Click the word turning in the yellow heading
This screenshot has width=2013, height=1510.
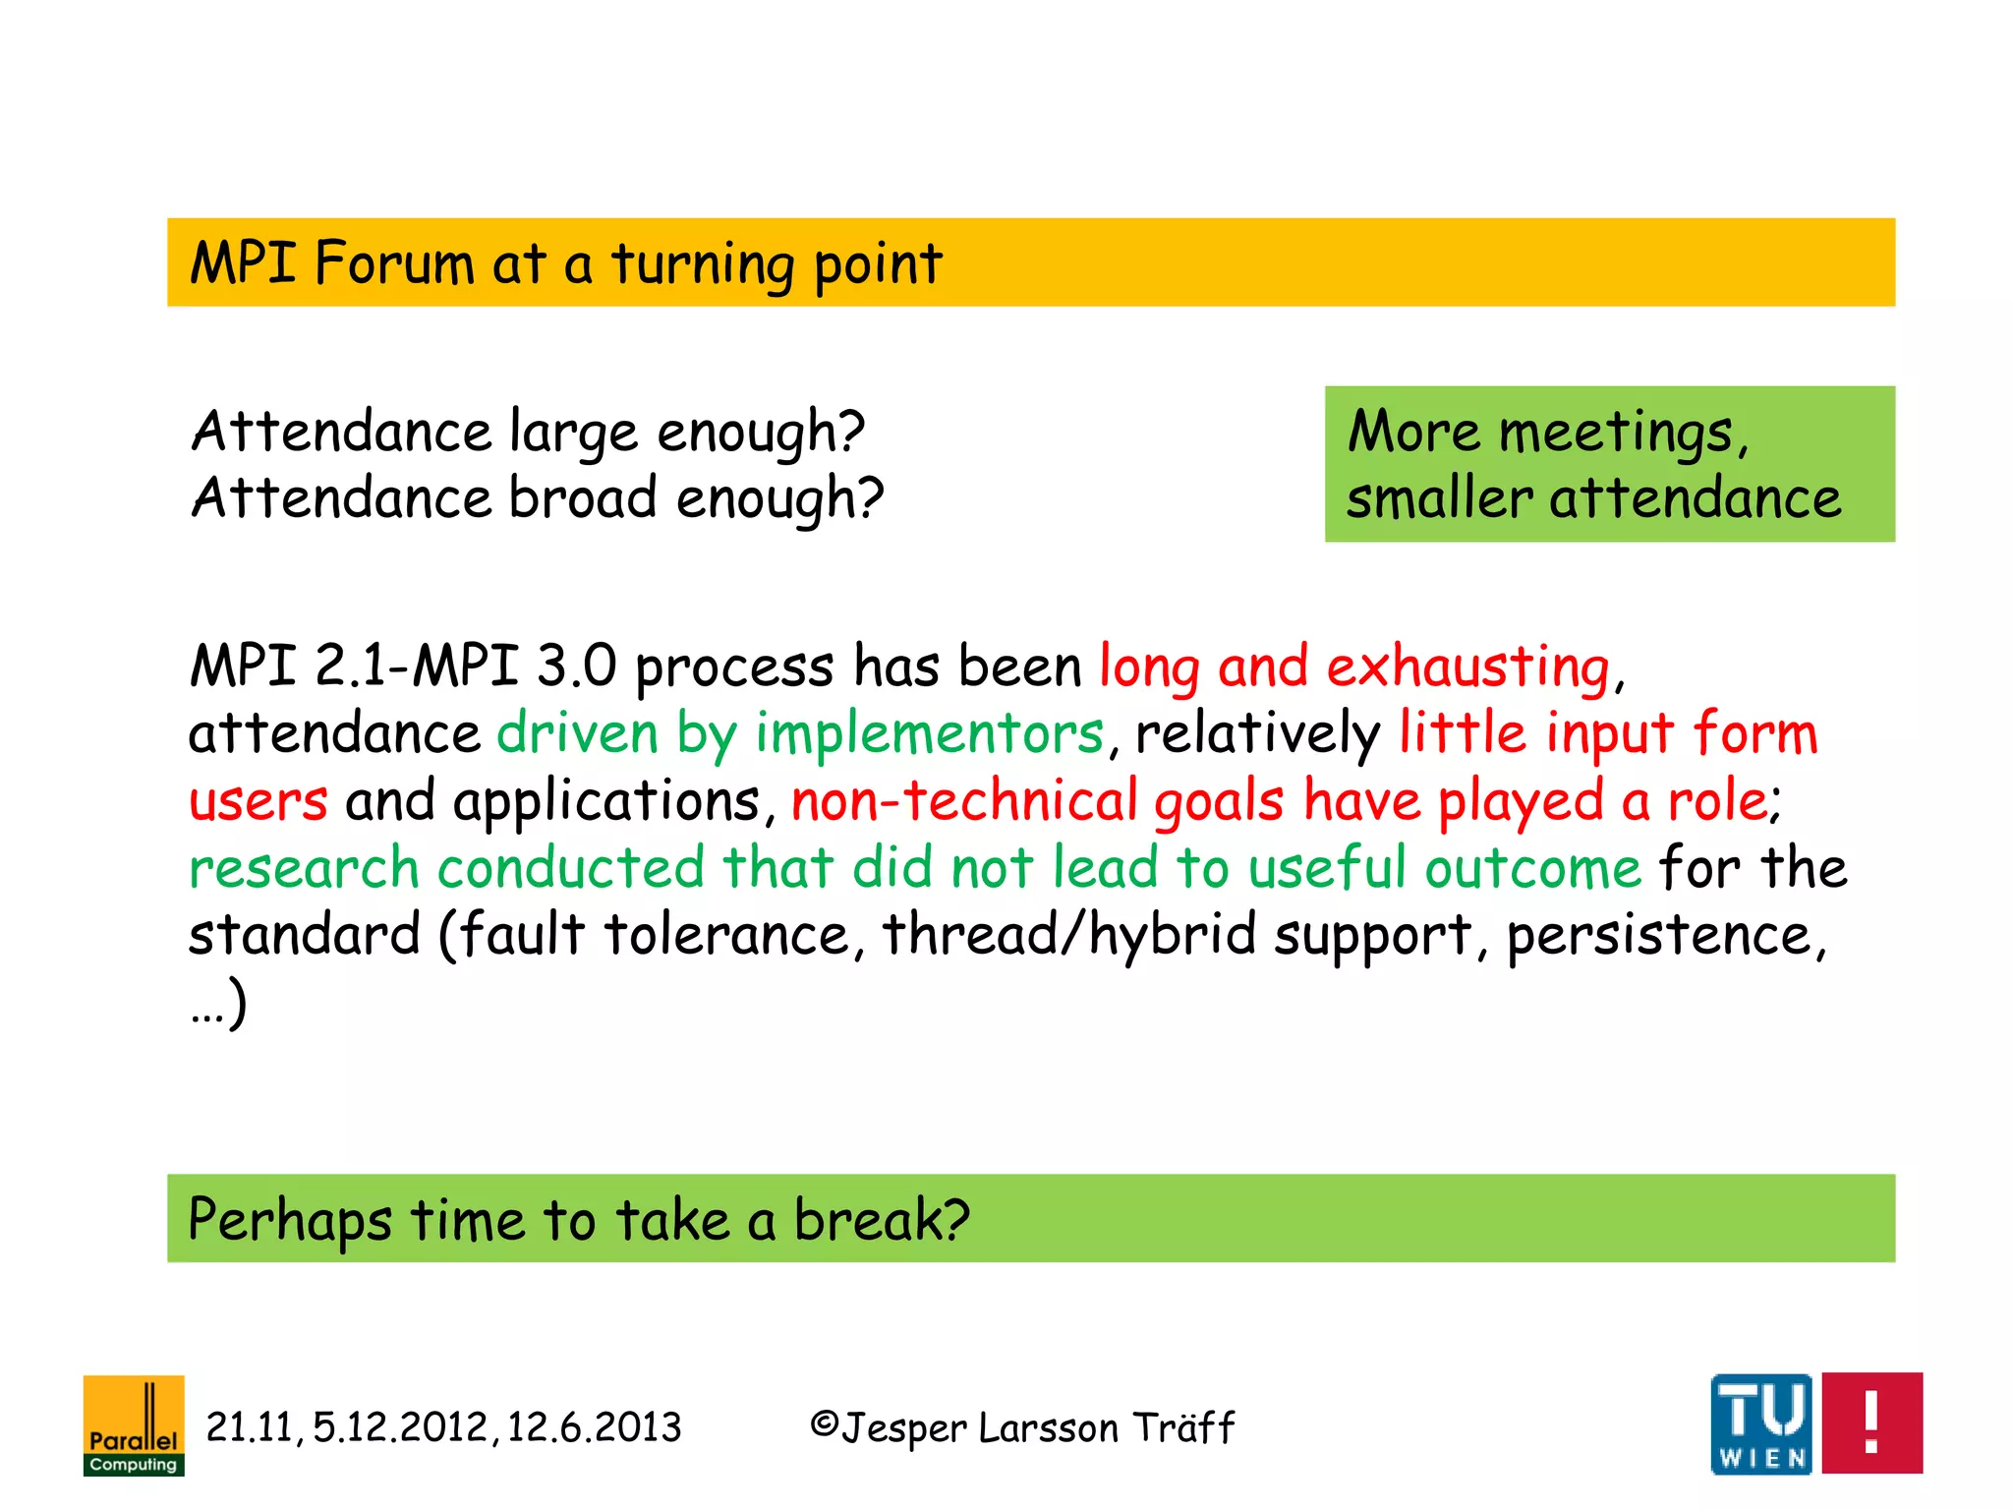pos(703,265)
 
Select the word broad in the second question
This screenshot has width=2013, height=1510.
pos(583,498)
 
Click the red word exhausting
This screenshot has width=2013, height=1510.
pos(1468,668)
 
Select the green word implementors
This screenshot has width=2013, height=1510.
pos(929,735)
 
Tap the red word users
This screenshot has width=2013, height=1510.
pos(258,802)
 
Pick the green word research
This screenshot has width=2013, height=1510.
pos(304,869)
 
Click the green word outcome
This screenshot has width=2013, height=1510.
pos(1532,869)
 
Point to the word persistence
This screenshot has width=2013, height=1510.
pos(1660,935)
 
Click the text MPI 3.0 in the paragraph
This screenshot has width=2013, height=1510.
pos(514,667)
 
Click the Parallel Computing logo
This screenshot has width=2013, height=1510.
pos(134,1424)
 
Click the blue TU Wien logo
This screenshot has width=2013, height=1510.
pos(1760,1423)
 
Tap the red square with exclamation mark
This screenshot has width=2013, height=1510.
pos(1871,1423)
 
